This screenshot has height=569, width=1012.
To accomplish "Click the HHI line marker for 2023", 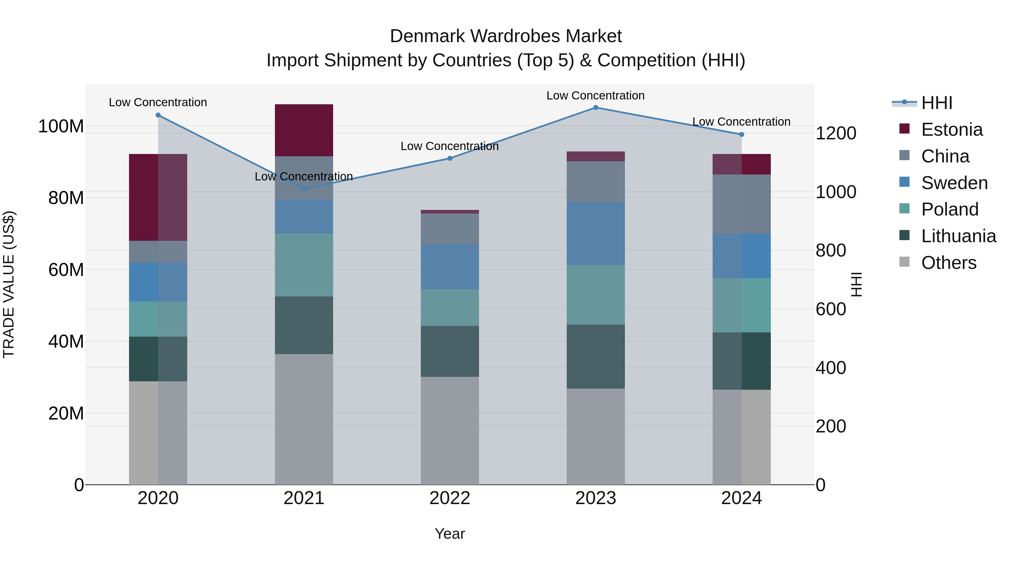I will coord(596,108).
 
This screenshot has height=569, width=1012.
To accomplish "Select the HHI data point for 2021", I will coord(304,189).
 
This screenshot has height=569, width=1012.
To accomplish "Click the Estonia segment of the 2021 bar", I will coord(304,130).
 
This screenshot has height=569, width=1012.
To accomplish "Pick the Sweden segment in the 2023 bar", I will coord(596,234).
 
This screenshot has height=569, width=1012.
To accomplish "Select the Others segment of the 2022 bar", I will coord(450,430).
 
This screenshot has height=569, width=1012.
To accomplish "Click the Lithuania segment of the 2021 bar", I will coord(304,325).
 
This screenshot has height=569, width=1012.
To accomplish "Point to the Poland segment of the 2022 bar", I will coord(450,307).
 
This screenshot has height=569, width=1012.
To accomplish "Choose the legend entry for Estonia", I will coord(952,130).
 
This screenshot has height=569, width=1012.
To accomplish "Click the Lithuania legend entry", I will coord(958,236).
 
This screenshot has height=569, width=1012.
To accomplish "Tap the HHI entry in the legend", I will coord(937,103).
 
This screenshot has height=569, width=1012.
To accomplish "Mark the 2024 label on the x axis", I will coord(741,498).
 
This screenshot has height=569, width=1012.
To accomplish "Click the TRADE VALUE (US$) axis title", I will coord(9,285).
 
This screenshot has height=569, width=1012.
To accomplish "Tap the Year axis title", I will coord(450,534).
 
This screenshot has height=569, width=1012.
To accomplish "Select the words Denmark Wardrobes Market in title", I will coord(506,36).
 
